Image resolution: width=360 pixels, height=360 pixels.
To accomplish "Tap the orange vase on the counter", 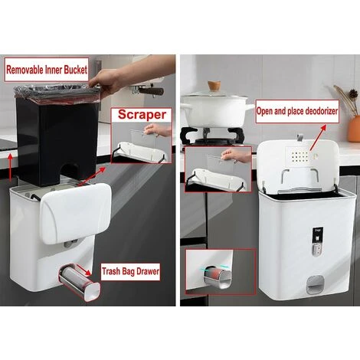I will pyautogui.click(x=353, y=123).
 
